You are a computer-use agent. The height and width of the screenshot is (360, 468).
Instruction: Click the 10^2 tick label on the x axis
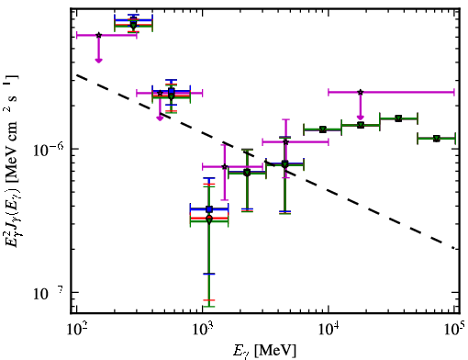(x=76, y=329)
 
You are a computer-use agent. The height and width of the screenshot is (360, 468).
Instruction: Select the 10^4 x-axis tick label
(x=329, y=329)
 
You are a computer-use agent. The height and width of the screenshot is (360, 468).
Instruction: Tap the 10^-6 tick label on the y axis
(x=50, y=150)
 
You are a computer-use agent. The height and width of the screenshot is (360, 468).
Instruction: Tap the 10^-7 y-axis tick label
(x=50, y=293)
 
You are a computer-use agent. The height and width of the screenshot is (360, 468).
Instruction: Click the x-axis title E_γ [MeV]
(x=264, y=350)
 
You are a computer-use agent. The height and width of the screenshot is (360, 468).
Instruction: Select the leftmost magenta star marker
(x=98, y=35)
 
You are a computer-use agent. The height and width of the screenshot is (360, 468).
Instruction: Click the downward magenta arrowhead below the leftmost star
(x=98, y=60)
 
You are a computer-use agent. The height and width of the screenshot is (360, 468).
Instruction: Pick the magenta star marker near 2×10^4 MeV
(x=361, y=92)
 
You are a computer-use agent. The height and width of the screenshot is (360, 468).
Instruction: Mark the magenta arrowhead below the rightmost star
(x=361, y=118)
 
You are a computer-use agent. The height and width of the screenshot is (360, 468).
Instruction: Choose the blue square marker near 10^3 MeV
(x=209, y=209)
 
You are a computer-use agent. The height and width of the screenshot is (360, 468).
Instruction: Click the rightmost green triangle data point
(x=437, y=139)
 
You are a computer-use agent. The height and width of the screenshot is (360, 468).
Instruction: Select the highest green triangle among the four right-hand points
(x=398, y=118)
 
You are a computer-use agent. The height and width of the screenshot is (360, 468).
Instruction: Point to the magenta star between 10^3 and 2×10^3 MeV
(x=225, y=167)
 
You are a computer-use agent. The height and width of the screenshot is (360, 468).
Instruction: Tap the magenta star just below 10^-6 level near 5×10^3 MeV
(x=285, y=142)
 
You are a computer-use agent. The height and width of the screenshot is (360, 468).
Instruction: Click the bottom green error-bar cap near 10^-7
(x=209, y=307)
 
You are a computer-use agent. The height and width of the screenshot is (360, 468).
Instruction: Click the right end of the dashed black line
(x=455, y=248)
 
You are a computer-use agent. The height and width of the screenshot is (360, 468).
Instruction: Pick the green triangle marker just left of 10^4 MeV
(x=323, y=129)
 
